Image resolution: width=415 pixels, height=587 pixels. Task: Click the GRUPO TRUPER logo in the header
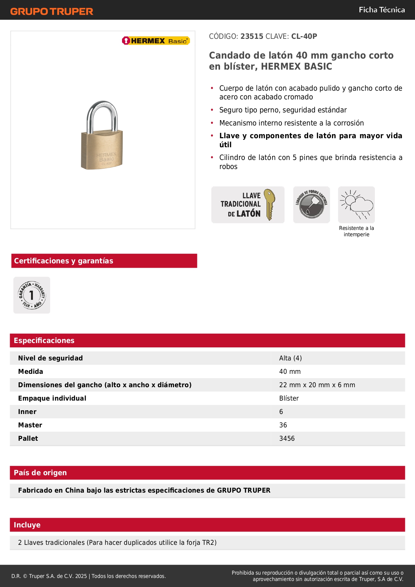pos(51,11)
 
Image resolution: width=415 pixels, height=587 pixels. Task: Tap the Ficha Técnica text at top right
pos(382,10)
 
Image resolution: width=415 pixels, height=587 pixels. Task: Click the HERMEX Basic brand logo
pos(156,41)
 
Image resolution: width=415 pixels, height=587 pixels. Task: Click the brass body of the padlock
pos(102,151)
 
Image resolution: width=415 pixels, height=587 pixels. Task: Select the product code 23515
pos(252,36)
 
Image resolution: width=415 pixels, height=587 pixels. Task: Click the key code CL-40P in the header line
pos(304,36)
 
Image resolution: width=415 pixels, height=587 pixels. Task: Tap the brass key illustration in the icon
pos(270,204)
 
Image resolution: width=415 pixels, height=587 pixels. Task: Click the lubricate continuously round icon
pos(311,205)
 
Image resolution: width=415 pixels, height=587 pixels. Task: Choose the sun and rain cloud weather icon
pos(356,204)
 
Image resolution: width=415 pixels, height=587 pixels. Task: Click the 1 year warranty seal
pos(32,295)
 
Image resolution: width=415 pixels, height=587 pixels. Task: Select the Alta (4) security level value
pos(290,358)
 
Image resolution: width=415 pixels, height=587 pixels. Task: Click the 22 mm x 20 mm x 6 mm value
pos(317,385)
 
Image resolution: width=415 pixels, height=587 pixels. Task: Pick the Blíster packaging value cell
pos(289,398)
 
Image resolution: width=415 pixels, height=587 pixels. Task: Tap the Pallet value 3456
pos(287,438)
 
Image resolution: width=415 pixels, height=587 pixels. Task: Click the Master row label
pos(30,425)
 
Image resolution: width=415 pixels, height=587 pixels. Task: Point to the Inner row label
pos(27,412)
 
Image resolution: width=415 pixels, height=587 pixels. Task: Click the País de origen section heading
pos(40,473)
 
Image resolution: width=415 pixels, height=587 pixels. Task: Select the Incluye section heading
pos(27,525)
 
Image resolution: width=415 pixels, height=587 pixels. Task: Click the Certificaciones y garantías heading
pos(64,261)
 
